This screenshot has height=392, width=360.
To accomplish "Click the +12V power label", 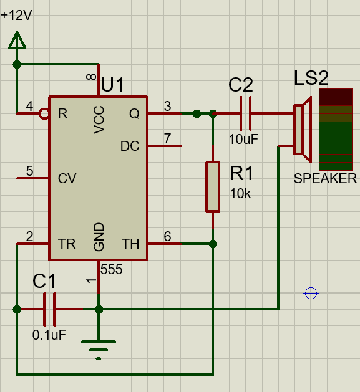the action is point(16,15).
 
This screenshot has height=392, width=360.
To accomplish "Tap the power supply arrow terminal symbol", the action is point(17,41).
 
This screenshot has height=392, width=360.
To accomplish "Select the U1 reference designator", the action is point(112,85).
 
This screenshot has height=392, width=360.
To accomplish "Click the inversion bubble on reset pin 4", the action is point(44,114).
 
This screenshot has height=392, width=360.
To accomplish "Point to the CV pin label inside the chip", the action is point(67,178).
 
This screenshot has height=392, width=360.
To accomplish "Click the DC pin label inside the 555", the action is point(130,146).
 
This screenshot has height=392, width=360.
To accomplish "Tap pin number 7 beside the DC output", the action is point(167,138).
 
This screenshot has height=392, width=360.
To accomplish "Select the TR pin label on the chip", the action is point(67,244).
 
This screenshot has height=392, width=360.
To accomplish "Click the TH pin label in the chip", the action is point(130,244).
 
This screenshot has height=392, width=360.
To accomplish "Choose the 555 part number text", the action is point(112,269).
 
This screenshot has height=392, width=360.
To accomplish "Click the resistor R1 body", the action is point(213,187).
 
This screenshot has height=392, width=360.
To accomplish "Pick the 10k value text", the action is point(240,193).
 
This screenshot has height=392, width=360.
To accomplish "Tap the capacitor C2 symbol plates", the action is point(246,113).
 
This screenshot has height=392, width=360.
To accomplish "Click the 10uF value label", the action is point(243,139).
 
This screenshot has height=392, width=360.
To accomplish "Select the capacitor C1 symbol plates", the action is point(49,310).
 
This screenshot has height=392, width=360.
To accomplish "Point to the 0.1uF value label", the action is point(49,335).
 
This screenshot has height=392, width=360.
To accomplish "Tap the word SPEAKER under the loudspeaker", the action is point(325,178).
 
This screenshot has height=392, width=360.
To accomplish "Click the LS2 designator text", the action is point(311,78).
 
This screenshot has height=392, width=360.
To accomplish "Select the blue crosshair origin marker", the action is point(311,294).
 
